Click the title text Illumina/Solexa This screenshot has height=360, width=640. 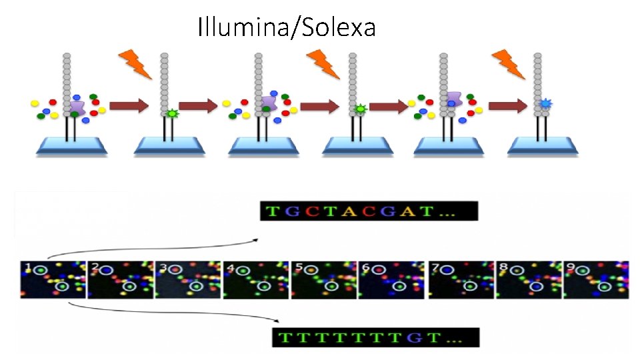[287, 27]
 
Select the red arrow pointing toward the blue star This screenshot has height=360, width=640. [507, 106]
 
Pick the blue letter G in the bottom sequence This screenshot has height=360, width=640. [418, 338]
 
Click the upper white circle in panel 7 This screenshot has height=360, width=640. [446, 270]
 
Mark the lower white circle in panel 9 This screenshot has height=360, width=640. [605, 286]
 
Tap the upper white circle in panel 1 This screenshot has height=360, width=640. [41, 270]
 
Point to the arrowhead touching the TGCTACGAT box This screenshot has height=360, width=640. [256, 237]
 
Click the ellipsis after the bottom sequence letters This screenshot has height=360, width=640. [455, 338]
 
